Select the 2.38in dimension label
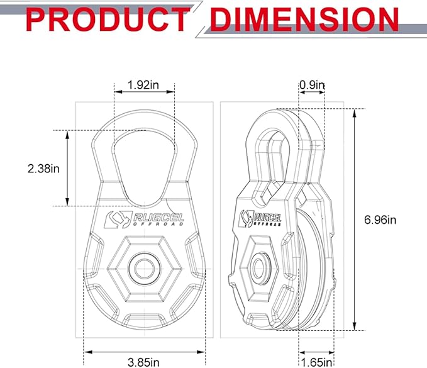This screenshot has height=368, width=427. click(43, 169)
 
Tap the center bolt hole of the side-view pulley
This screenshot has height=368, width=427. click(257, 267)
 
